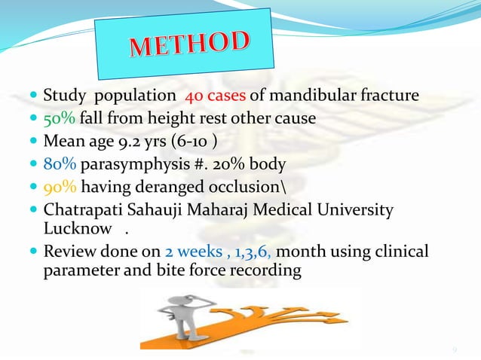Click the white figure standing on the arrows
click(x=182, y=316)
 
